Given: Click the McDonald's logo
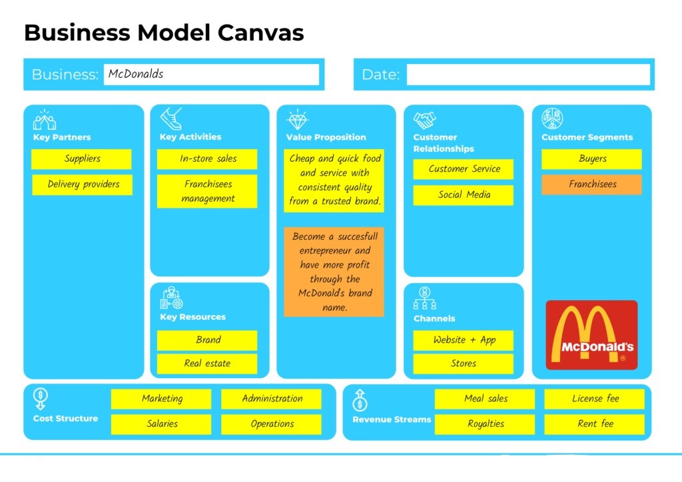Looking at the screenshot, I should click(x=591, y=335).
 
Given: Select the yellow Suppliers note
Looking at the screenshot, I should click(x=81, y=159).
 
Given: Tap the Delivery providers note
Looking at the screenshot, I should click(x=83, y=184).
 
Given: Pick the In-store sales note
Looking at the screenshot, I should click(x=207, y=159).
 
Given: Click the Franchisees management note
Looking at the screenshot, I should click(x=207, y=191).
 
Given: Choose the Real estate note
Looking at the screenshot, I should click(x=207, y=363).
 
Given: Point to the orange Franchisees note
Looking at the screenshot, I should click(x=591, y=184).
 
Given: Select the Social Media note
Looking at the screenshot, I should click(x=464, y=195).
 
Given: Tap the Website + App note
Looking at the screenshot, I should click(x=464, y=340).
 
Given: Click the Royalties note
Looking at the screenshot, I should click(x=485, y=423).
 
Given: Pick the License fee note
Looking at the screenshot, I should click(x=595, y=399).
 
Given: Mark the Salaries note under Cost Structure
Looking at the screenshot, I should click(x=161, y=423).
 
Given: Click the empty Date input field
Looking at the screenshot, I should click(x=528, y=75).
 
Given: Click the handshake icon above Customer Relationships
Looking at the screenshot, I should click(x=424, y=120).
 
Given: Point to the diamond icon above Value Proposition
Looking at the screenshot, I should click(x=297, y=120).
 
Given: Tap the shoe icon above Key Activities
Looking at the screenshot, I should click(x=171, y=119).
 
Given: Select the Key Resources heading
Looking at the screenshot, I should click(x=192, y=317).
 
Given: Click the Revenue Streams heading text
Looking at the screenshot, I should click(x=392, y=419).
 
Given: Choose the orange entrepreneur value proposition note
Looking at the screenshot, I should click(x=334, y=272).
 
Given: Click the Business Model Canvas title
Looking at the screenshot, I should click(x=164, y=32).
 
